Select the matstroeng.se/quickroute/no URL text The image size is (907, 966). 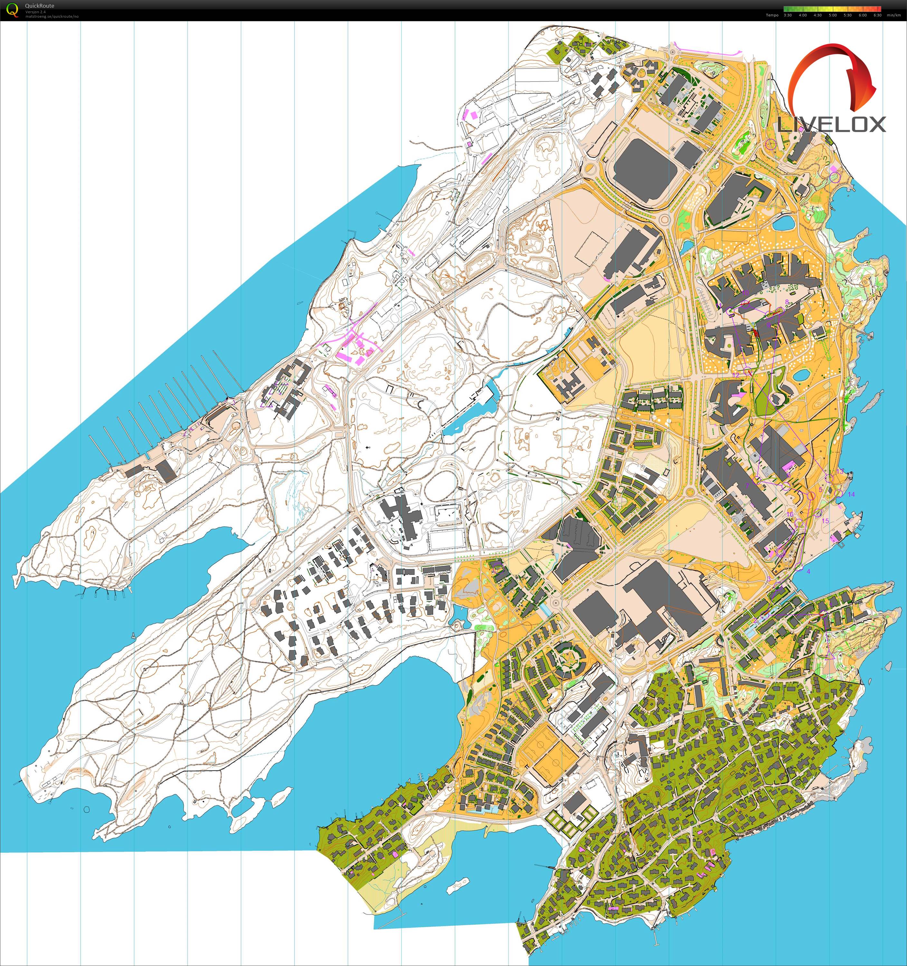coord(52,16)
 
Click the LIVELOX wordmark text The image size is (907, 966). coord(832,124)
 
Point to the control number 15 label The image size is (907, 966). coord(825,521)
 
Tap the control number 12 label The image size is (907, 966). coord(736,375)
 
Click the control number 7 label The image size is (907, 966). coord(747,485)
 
